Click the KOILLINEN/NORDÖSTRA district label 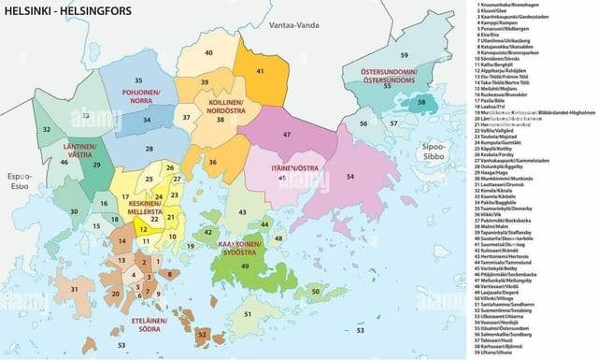pos(222,106)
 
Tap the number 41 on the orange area pos(259,71)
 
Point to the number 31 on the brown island pos(73,291)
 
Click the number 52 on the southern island pos(203,334)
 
